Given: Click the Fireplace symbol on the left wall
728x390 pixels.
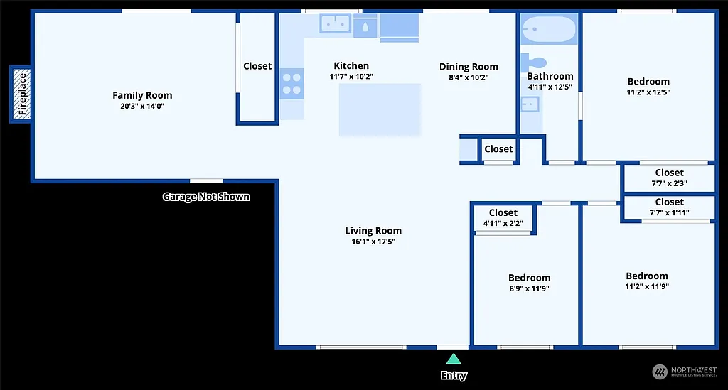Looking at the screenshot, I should point(21,94).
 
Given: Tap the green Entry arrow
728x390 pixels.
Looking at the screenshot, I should point(453,359).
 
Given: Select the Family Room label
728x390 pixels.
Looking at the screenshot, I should point(142,95).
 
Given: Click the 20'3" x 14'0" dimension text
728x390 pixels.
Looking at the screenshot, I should point(142,106).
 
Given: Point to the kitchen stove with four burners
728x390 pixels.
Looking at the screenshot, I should point(291,83).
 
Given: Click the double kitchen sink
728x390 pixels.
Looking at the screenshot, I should point(334,25).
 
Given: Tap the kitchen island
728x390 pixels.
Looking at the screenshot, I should point(380,109).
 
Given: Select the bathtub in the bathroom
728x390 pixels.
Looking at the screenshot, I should point(548,31).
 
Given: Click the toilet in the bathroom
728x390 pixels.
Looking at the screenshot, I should point(533,62).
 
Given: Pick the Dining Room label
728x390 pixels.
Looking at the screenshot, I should point(469,67).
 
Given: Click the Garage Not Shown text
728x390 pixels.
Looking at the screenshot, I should point(206,197).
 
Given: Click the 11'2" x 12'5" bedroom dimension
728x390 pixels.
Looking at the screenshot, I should point(648,92).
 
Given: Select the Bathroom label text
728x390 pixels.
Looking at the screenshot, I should point(550,76).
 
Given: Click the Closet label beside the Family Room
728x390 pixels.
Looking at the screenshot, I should point(257,66).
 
